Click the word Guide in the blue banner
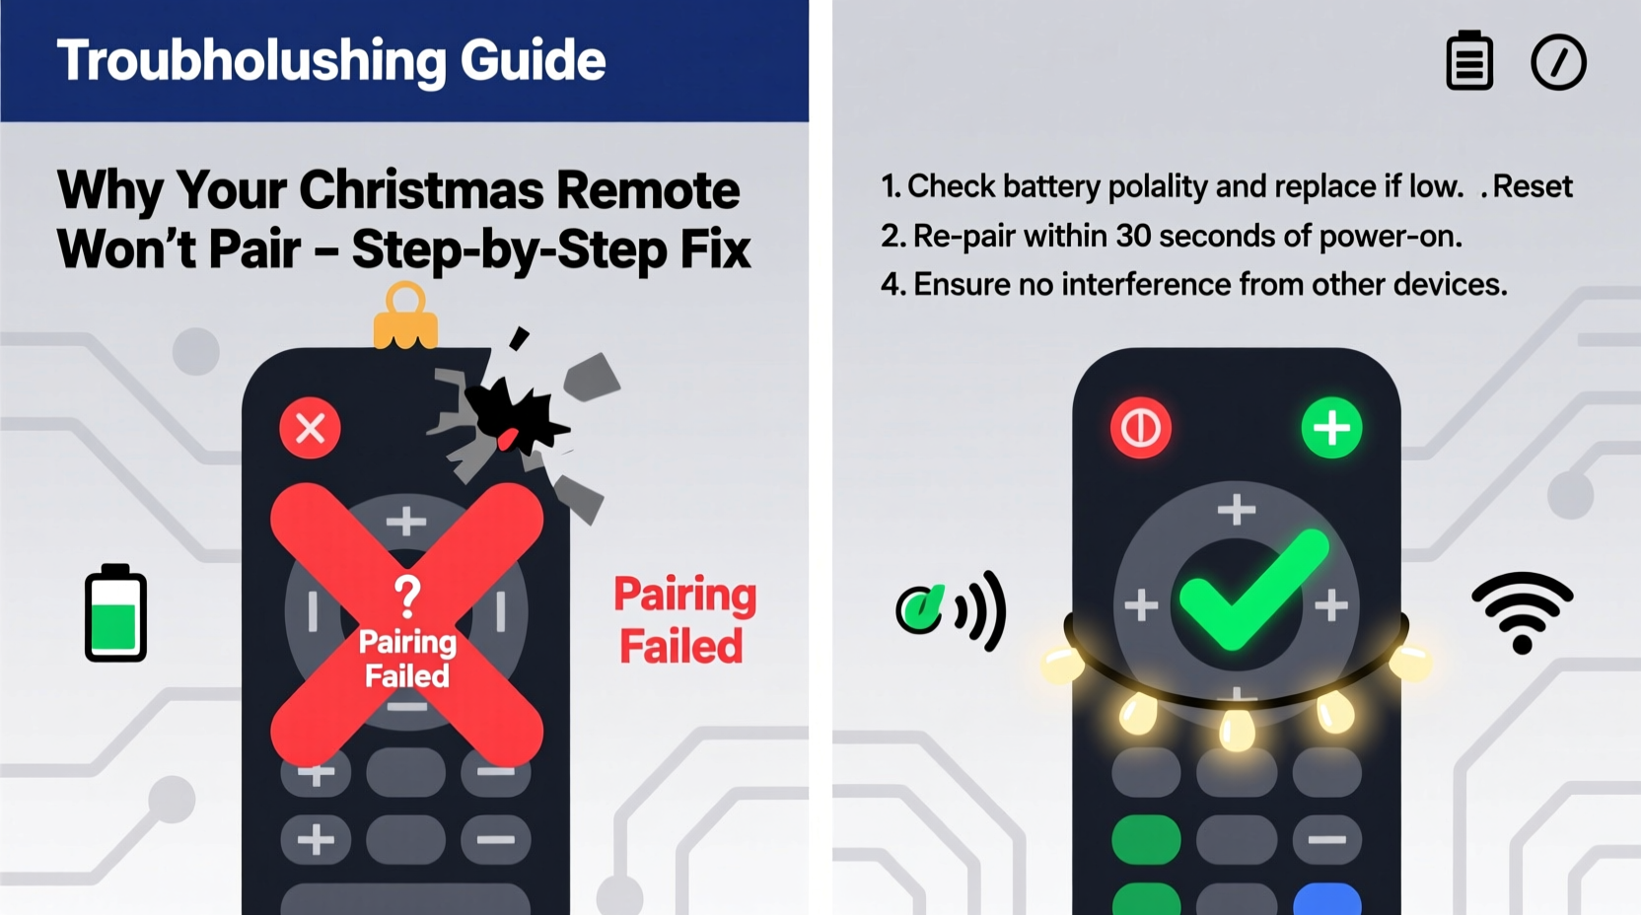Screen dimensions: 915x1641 533,61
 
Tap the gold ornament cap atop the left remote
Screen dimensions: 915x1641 404,317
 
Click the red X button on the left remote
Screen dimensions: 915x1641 310,429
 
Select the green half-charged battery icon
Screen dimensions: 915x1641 115,613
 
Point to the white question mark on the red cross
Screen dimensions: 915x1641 407,596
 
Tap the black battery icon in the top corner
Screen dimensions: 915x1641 1468,61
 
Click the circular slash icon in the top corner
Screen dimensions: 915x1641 1558,63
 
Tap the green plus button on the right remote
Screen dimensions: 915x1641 1331,429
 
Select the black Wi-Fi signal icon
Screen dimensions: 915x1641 1522,611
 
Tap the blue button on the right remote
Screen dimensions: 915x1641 1326,899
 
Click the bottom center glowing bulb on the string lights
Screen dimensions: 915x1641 1236,729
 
